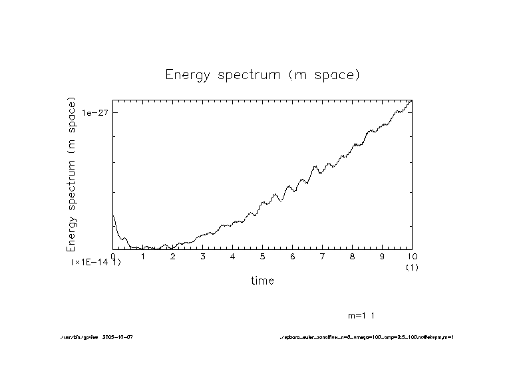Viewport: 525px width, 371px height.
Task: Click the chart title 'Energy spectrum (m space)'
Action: pyautogui.click(x=262, y=74)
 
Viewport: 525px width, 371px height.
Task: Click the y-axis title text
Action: pyautogui.click(x=72, y=174)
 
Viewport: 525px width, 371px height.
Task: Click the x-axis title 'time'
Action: pyautogui.click(x=262, y=281)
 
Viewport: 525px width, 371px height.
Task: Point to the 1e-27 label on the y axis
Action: pyautogui.click(x=95, y=112)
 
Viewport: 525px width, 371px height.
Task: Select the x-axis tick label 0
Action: pyautogui.click(x=113, y=256)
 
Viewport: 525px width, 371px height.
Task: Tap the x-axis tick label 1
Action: pyautogui.click(x=143, y=256)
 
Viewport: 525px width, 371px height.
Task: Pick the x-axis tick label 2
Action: pyautogui.click(x=173, y=256)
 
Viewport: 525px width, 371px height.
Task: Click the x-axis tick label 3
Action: pyautogui.click(x=203, y=256)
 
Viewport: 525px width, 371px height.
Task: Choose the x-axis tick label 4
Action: pyautogui.click(x=233, y=256)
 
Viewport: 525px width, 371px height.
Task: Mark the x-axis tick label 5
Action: pyautogui.click(x=263, y=256)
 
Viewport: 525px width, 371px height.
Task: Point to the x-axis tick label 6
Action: pyautogui.click(x=292, y=256)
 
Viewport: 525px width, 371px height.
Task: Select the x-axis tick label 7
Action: pyautogui.click(x=322, y=256)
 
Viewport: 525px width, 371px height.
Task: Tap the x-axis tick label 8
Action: pyautogui.click(x=352, y=256)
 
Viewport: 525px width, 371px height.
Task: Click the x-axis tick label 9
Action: pyautogui.click(x=382, y=256)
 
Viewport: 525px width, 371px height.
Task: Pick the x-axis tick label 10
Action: pyautogui.click(x=411, y=256)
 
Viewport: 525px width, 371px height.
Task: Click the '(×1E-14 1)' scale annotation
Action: pyautogui.click(x=96, y=263)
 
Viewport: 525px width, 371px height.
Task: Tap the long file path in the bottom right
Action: pyautogui.click(x=367, y=337)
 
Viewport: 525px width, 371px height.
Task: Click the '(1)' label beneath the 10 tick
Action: pyautogui.click(x=411, y=267)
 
